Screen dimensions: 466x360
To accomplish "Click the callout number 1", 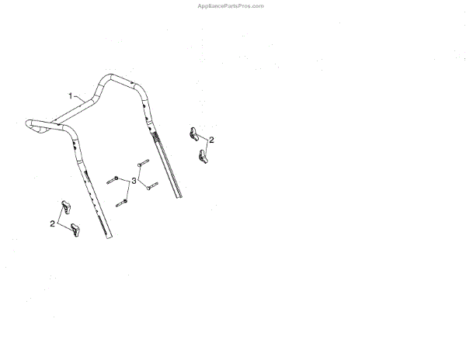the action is click(x=71, y=95).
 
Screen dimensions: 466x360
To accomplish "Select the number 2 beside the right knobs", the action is click(x=211, y=140).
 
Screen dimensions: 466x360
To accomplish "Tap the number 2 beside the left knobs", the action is click(x=52, y=223).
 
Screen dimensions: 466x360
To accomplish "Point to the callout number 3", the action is click(x=134, y=181).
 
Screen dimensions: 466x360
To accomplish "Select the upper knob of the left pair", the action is click(x=64, y=207).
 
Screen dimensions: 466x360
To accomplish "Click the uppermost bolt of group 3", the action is click(x=142, y=164).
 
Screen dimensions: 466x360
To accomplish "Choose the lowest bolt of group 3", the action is click(x=122, y=202).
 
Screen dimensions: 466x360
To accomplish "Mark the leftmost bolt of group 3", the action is click(x=112, y=179).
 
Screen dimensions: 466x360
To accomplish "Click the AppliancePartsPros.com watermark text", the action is click(x=231, y=5).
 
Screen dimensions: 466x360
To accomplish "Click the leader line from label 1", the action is click(x=81, y=98).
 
